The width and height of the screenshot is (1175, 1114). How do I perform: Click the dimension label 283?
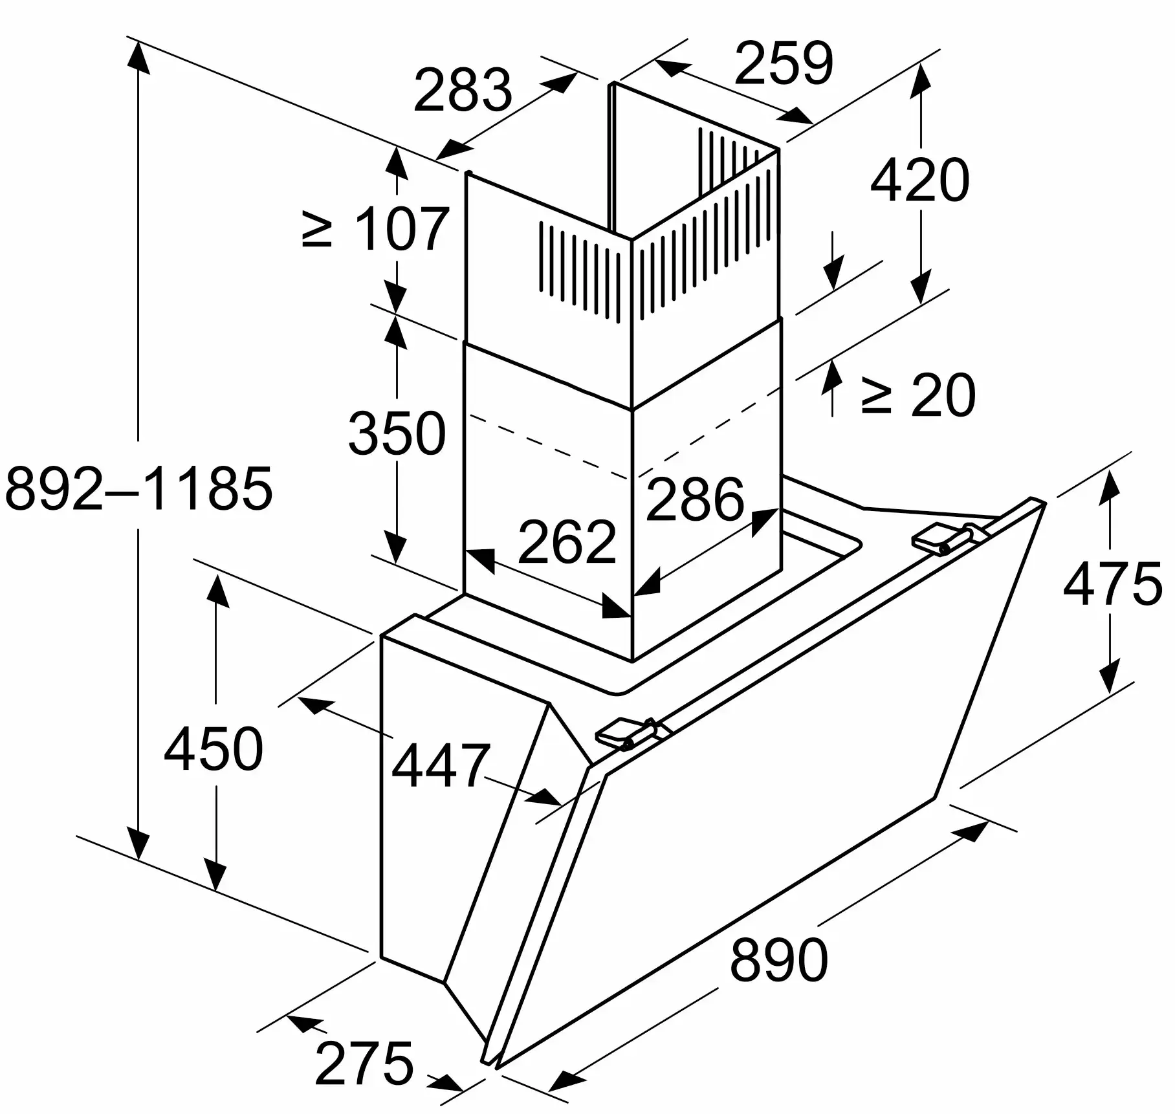[463, 90]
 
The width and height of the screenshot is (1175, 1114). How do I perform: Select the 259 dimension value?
[784, 63]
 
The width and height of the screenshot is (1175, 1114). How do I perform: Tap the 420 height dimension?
[919, 179]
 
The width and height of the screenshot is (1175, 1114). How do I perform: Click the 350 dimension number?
[397, 432]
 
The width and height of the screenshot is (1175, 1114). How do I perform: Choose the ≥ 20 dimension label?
[917, 395]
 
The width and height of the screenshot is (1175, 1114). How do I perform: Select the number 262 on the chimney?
[567, 541]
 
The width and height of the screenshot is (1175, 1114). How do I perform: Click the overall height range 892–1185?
[138, 487]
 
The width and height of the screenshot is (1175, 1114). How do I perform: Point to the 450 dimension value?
[213, 748]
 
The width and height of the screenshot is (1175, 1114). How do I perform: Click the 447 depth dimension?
[441, 766]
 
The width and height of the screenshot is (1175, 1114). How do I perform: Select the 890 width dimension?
[778, 959]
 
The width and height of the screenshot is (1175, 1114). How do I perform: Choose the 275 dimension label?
[364, 1063]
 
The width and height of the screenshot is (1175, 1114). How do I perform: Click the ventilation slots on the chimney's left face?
[580, 272]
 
